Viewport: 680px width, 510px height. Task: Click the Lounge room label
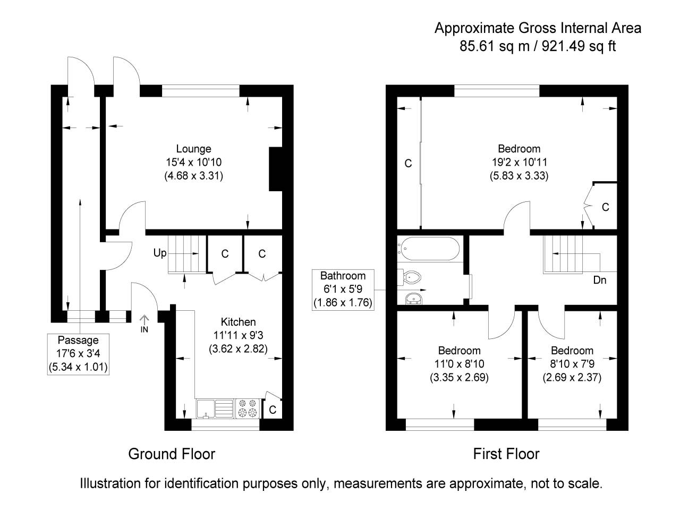coord(193,149)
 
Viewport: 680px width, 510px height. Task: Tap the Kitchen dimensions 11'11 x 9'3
coord(238,335)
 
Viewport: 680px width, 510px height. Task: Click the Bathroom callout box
coord(343,290)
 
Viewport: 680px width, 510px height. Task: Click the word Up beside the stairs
coord(159,253)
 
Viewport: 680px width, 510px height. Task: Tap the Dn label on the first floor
coord(599,280)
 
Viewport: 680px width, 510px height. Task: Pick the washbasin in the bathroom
coord(413,298)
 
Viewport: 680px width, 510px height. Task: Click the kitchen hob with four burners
coord(247,407)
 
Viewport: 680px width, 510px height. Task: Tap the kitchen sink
coord(215,408)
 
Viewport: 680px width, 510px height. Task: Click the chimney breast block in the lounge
coord(276,169)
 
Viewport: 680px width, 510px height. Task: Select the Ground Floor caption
coord(172,454)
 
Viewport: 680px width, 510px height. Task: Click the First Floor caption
coord(506,454)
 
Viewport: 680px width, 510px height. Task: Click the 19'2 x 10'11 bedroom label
coord(518,162)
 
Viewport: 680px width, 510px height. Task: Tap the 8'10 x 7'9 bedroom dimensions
coord(572,364)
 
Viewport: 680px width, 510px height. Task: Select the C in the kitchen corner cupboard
coord(273,410)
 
